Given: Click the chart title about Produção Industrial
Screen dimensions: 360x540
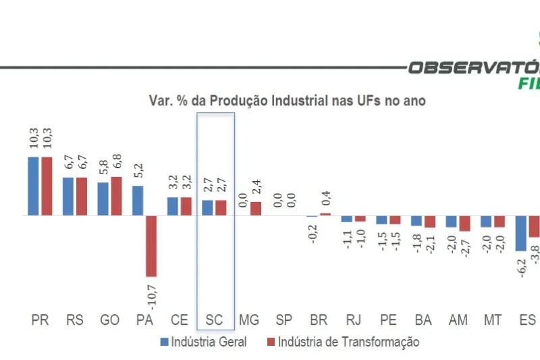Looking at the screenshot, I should (287, 101).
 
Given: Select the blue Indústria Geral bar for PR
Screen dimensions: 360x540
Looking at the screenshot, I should (33, 186).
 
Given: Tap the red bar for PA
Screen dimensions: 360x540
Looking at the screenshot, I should (151, 246).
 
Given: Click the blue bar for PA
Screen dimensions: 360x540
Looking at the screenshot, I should (138, 201).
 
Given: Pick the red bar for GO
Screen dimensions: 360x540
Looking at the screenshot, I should (116, 196).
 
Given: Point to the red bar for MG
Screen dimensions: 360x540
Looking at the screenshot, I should (256, 209).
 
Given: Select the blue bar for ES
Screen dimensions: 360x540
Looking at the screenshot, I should (520, 233).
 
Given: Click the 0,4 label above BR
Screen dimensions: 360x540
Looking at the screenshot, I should (327, 199).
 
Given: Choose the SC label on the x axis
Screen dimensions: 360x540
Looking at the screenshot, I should (214, 320).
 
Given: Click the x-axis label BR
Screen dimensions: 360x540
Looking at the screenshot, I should (319, 320).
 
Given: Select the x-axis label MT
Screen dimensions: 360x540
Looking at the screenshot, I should (492, 320).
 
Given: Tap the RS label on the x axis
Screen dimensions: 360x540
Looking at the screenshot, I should (74, 320).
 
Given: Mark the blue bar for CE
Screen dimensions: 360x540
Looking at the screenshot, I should (173, 206).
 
